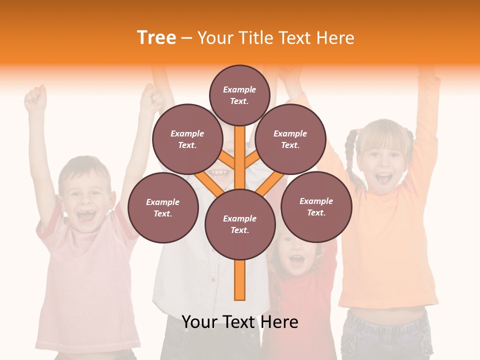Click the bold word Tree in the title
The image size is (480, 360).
156,37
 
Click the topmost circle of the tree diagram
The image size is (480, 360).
239,95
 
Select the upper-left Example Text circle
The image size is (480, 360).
187,139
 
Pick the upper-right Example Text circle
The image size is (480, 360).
290,139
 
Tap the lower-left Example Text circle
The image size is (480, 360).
162,207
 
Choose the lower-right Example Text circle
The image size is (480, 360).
316,206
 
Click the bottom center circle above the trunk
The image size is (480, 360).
239,224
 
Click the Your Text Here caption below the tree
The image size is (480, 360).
239,322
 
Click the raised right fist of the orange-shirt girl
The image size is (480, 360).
287,75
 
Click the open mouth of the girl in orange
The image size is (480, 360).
383,178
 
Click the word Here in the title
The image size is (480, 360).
335,37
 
